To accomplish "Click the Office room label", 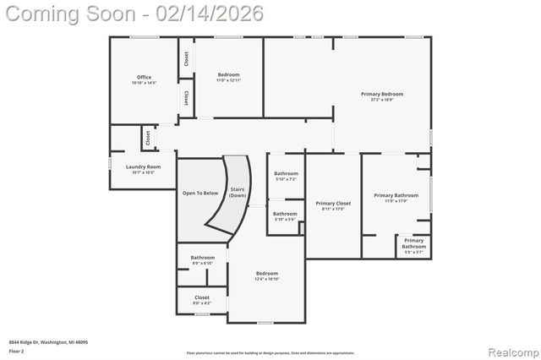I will pyautogui.click(x=144, y=77).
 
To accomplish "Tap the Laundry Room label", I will pyautogui.click(x=143, y=166).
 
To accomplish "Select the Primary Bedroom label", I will pyautogui.click(x=382, y=94).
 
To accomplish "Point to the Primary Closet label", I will pyautogui.click(x=333, y=204).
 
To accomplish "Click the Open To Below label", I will pyautogui.click(x=200, y=193).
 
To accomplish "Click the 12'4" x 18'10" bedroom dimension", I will pyautogui.click(x=267, y=279).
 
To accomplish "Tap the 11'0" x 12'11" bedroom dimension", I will pyautogui.click(x=228, y=80).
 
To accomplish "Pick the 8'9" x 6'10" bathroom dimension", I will pyautogui.click(x=202, y=263).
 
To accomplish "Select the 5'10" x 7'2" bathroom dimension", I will pyautogui.click(x=286, y=179).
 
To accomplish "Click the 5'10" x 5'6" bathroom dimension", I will pyautogui.click(x=286, y=220).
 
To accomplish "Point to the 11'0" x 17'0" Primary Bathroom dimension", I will pyautogui.click(x=396, y=201).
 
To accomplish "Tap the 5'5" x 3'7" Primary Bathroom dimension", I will pyautogui.click(x=413, y=252).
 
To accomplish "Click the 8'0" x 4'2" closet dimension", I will pyautogui.click(x=202, y=303).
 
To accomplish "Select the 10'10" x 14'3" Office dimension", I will pyautogui.click(x=144, y=83).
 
